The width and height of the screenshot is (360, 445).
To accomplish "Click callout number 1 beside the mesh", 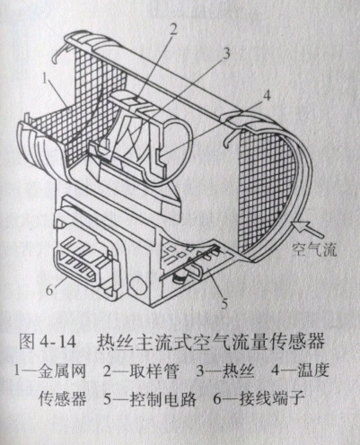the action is click(45, 80).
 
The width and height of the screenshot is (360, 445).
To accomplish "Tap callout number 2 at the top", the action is click(172, 29).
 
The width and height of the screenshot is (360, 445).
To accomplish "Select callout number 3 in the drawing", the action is click(226, 54).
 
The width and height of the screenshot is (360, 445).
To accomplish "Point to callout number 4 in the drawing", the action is click(266, 96).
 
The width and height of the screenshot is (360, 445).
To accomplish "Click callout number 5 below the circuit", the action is click(224, 303).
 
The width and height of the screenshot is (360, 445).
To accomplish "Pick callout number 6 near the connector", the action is click(49, 290).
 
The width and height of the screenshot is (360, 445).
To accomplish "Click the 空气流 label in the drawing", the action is click(314, 250).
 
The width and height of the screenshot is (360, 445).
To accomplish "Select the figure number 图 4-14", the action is click(48, 342).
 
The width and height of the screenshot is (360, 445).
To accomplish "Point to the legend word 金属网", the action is click(62, 371).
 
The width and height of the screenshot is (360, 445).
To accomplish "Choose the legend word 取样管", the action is click(154, 371).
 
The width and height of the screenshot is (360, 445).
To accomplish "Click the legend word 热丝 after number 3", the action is click(239, 371).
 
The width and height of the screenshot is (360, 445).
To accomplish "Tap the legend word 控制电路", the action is click(163, 398).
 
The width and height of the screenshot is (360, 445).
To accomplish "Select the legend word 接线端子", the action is click(272, 398).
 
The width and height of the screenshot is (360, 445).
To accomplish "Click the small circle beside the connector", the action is click(138, 284).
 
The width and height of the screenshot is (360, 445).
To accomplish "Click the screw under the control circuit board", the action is click(180, 277).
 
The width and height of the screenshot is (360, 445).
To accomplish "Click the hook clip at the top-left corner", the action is click(60, 54).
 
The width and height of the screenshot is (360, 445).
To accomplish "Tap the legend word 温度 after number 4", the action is click(312, 371).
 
